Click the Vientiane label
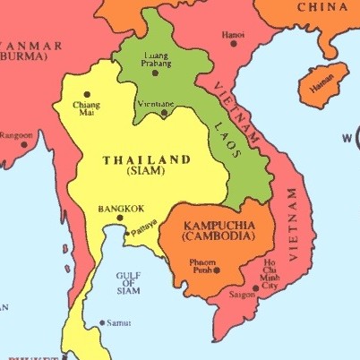(154, 103)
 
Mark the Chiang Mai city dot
(87, 93)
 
